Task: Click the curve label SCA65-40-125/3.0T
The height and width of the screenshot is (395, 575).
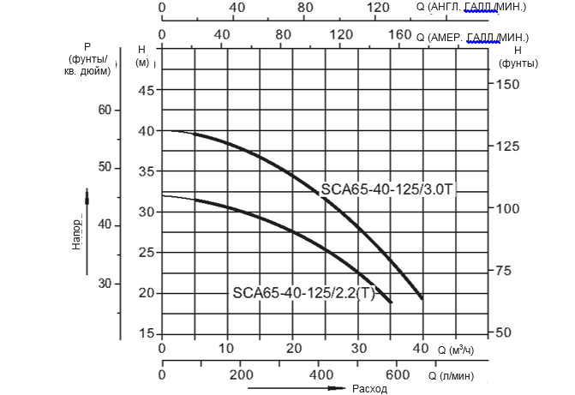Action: pos(388,189)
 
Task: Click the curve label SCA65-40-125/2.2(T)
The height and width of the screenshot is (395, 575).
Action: pos(304,291)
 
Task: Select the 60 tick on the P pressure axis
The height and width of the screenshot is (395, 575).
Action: pos(105,110)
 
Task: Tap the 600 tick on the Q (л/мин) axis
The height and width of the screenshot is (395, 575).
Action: pos(397,374)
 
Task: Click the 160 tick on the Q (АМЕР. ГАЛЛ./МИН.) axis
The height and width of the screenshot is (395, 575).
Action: pos(400,35)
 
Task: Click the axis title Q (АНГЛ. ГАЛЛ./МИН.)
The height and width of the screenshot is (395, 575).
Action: pos(470,7)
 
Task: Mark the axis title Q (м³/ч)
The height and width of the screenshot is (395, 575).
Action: pos(457,350)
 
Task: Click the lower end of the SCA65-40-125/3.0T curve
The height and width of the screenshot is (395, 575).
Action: pos(422,298)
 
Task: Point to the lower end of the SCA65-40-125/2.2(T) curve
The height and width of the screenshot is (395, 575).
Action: pos(391,302)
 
